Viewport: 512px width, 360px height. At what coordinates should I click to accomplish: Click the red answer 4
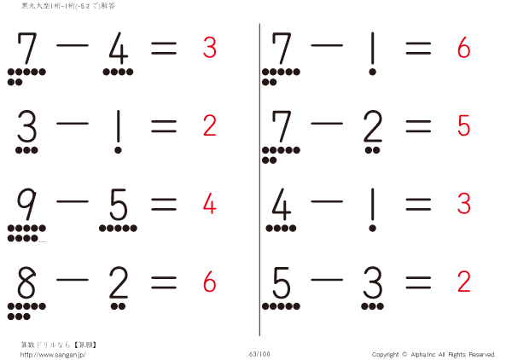pos(209,204)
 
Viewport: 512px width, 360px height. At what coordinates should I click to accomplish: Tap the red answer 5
pos(464,126)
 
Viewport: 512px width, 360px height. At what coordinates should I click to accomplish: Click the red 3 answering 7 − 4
pos(209,49)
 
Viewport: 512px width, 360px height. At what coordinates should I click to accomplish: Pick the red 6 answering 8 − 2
pos(209,281)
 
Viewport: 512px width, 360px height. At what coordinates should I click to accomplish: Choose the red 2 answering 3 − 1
pos(209,126)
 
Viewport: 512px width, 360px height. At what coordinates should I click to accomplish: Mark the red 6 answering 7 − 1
pos(464,49)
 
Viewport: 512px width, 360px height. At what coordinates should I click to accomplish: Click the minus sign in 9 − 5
pos(72,203)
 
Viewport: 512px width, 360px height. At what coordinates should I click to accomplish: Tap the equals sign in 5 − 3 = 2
pos(418,280)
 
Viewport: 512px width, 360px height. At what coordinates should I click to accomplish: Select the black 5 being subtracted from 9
pos(118,205)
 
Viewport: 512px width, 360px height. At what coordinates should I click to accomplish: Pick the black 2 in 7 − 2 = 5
pos(372,128)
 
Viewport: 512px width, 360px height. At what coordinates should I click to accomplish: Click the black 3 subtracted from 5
pos(372,282)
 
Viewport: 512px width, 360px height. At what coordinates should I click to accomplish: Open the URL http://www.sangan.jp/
pos(53,354)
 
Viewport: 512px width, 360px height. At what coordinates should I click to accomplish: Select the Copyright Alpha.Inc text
pos(433,354)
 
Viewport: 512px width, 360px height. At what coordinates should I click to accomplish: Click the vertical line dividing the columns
pos(259,179)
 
